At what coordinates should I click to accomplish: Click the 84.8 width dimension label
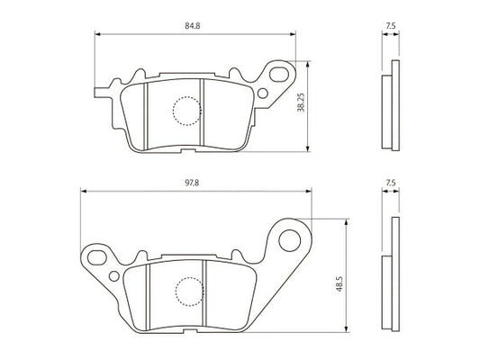[x=192, y=26]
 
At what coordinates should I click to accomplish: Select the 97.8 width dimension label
[x=192, y=183]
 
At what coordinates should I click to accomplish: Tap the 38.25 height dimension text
[x=301, y=103]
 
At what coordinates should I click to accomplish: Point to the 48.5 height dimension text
[x=340, y=283]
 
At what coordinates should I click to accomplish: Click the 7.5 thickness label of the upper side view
[x=391, y=26]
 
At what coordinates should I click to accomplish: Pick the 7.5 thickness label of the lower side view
[x=391, y=183]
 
